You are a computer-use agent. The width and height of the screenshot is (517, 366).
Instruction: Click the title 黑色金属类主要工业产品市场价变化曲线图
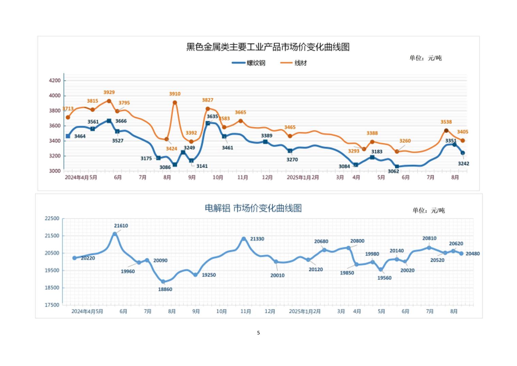point(268,47)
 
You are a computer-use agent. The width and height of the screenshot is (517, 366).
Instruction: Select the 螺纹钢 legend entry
point(256,63)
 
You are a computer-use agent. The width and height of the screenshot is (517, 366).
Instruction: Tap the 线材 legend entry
point(300,63)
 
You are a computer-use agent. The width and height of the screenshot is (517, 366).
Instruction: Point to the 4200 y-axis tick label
point(55,81)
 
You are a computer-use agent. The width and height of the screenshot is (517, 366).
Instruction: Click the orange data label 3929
point(109,92)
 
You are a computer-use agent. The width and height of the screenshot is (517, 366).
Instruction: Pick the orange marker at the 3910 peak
point(175,103)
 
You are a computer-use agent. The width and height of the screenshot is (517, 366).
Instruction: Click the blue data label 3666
point(121,121)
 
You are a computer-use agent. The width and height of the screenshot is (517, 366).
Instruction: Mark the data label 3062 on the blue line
point(393,171)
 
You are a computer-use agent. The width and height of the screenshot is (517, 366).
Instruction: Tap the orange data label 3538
point(446,122)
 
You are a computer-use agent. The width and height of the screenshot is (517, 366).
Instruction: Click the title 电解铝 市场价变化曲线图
point(253,208)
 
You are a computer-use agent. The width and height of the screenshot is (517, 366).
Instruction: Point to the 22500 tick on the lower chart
point(52,218)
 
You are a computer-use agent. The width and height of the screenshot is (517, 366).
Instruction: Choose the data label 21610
point(121,226)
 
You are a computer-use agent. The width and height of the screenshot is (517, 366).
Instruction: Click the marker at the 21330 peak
point(244,239)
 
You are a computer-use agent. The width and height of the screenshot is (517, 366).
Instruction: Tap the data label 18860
point(165,289)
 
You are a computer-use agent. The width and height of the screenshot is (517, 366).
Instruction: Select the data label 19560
point(384,278)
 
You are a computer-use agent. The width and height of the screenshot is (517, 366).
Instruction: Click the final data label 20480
point(472,254)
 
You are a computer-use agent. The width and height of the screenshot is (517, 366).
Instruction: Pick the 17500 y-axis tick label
point(52,305)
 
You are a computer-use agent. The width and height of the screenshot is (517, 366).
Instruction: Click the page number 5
point(258,333)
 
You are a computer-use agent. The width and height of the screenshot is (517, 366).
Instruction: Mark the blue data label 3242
point(463,164)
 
